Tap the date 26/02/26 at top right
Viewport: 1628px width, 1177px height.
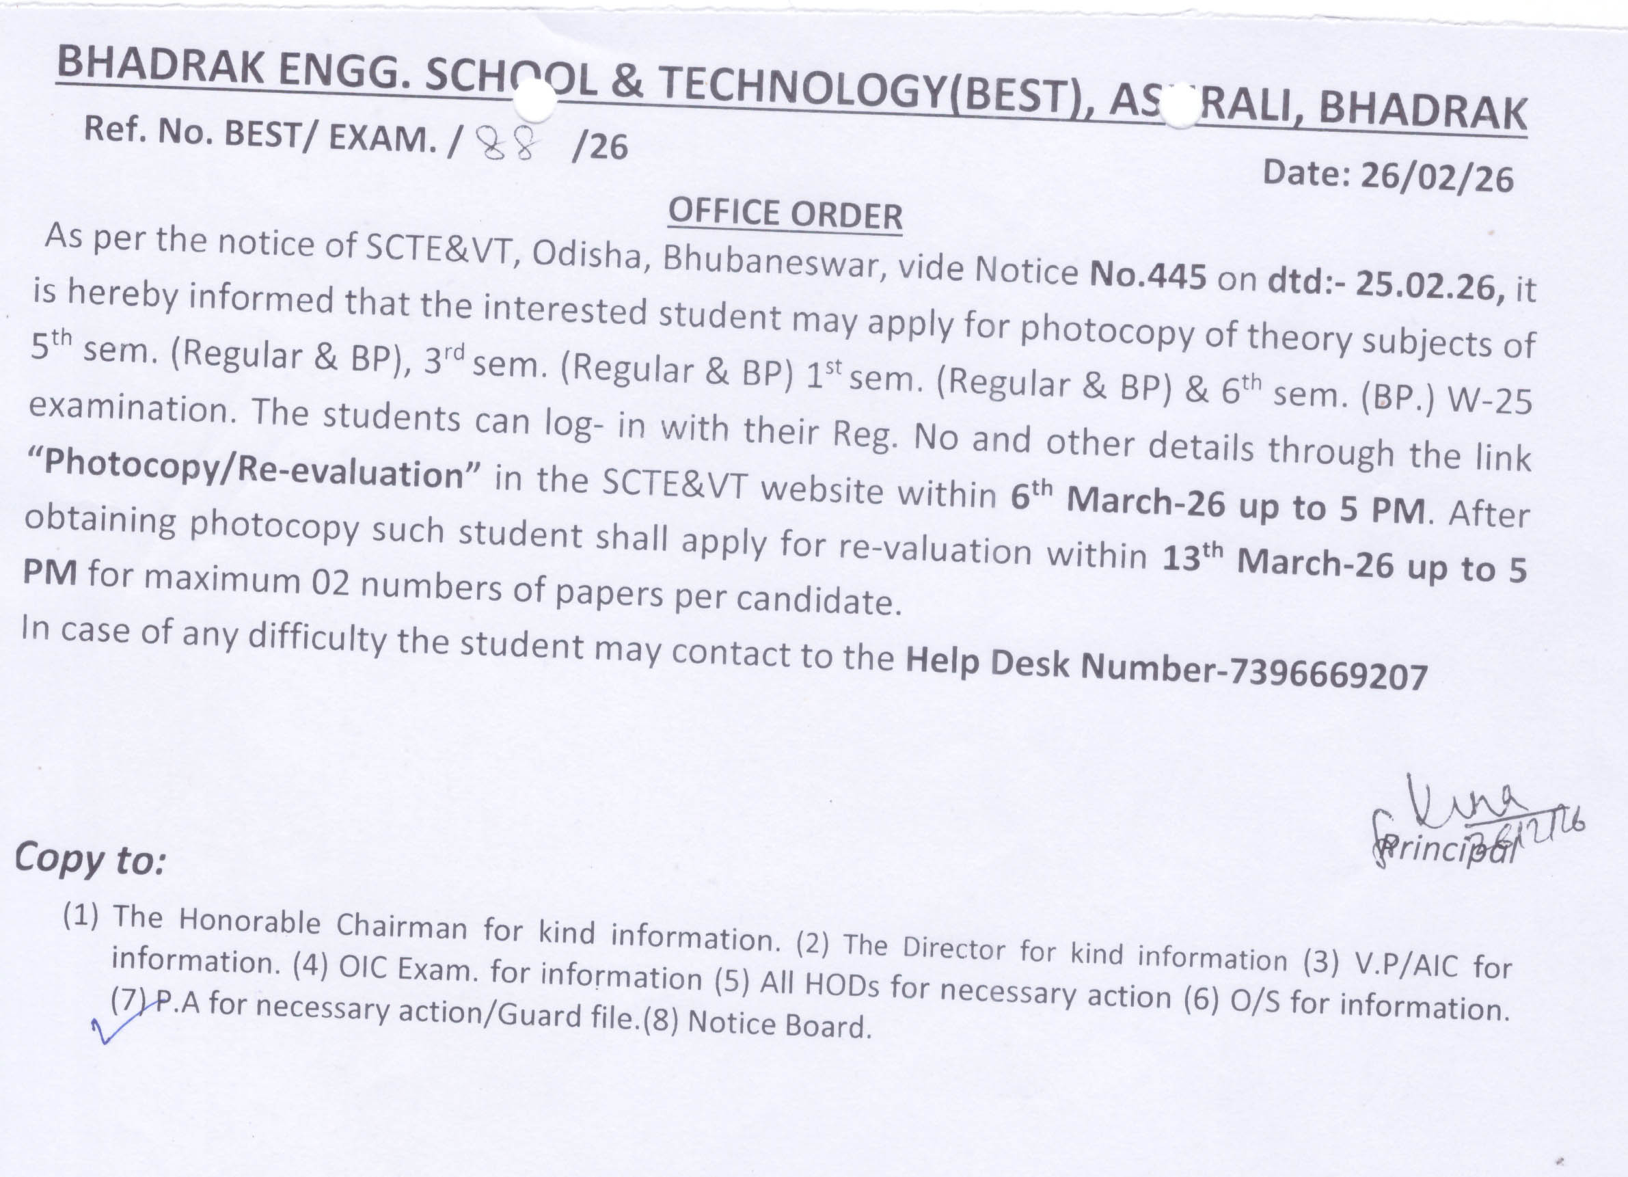click(1437, 177)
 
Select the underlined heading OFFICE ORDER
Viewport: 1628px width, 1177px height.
click(785, 214)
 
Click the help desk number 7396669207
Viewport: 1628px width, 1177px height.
click(1328, 675)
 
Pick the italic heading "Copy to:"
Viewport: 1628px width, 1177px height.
click(90, 858)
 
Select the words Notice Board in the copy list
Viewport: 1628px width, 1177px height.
click(779, 1024)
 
